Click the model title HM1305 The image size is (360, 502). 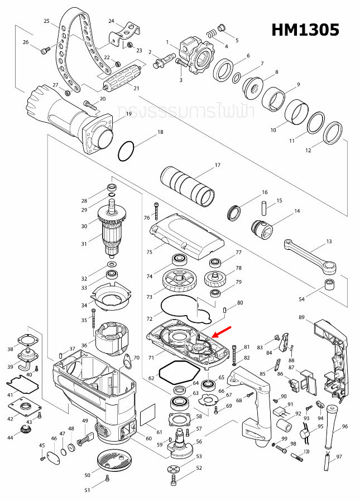point(305,30)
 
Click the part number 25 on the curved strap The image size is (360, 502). point(47,21)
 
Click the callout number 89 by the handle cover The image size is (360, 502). point(302,317)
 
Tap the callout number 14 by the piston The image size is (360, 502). point(297,211)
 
